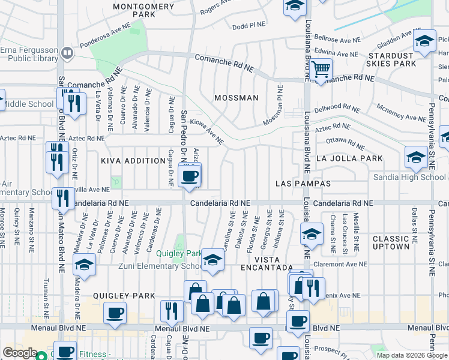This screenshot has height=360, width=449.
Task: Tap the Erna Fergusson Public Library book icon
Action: tap(68, 52)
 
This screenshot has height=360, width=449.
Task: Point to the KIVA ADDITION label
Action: tap(133, 161)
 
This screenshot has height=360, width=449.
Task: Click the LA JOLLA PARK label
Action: tap(349, 159)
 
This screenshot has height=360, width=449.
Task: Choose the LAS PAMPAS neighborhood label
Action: tap(300, 182)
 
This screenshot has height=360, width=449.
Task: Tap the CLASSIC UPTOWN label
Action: tap(391, 242)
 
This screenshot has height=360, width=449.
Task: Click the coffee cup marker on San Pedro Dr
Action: tap(190, 176)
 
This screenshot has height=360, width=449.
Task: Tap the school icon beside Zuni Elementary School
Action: tap(212, 260)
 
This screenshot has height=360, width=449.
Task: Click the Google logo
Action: tap(20, 353)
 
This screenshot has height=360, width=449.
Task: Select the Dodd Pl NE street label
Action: tap(249, 26)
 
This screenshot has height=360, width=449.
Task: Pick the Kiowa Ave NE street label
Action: tap(206, 131)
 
